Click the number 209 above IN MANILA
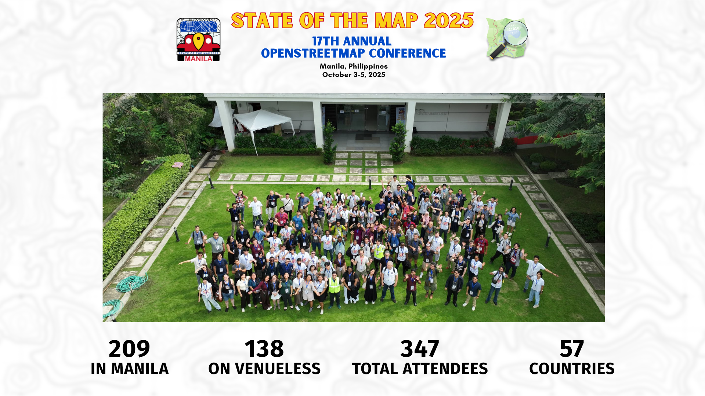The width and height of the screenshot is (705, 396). click(129, 348)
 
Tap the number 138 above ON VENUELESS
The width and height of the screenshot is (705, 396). click(264, 348)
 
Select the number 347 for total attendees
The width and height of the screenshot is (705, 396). click(420, 348)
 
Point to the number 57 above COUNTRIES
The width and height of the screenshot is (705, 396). click(572, 348)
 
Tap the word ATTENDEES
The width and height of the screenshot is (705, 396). click(445, 368)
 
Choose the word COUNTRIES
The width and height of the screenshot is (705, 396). click(572, 368)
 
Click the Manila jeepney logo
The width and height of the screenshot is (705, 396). click(198, 40)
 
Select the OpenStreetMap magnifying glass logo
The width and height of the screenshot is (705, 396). click(507, 38)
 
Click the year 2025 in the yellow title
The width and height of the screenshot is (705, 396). click(448, 21)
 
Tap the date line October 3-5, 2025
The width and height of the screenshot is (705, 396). click(354, 75)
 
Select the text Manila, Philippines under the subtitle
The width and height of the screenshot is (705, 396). click(354, 66)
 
